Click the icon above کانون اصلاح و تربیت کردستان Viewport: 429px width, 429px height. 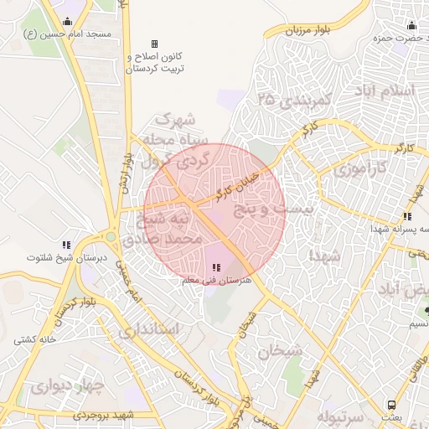[153, 44]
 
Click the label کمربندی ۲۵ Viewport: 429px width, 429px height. [296, 100]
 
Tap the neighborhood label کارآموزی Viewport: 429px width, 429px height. [360, 168]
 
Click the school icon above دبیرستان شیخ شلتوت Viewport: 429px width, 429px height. [66, 245]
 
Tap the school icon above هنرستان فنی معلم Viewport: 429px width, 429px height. [217, 268]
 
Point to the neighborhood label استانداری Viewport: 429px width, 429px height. [148, 329]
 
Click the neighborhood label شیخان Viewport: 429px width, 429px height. [280, 351]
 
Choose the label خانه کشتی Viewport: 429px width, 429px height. [34, 340]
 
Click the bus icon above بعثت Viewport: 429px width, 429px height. [392, 404]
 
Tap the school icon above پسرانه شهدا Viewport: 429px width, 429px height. [406, 216]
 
